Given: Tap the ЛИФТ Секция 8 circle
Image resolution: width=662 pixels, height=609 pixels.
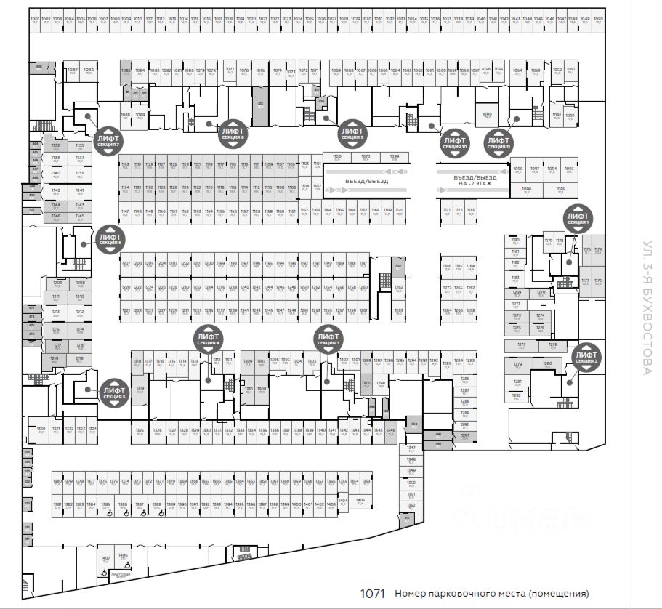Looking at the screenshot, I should coord(233,134).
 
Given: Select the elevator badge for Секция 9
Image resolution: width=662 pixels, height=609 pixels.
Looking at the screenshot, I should coord(352,134).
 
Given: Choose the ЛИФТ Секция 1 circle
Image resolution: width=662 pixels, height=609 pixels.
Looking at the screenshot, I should coord(578,219).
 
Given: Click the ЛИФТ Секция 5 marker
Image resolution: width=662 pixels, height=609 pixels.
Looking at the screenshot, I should coord(113,393).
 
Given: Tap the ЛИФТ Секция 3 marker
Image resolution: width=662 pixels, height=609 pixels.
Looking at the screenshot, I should coord(327,339).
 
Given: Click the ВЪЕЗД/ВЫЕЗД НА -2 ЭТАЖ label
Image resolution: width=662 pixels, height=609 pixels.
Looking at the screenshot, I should coord(475,181).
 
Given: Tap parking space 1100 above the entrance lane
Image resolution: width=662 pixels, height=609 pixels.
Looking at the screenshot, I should coord(337,158).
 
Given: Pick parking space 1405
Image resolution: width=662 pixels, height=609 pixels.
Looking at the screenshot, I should coord(360,501).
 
